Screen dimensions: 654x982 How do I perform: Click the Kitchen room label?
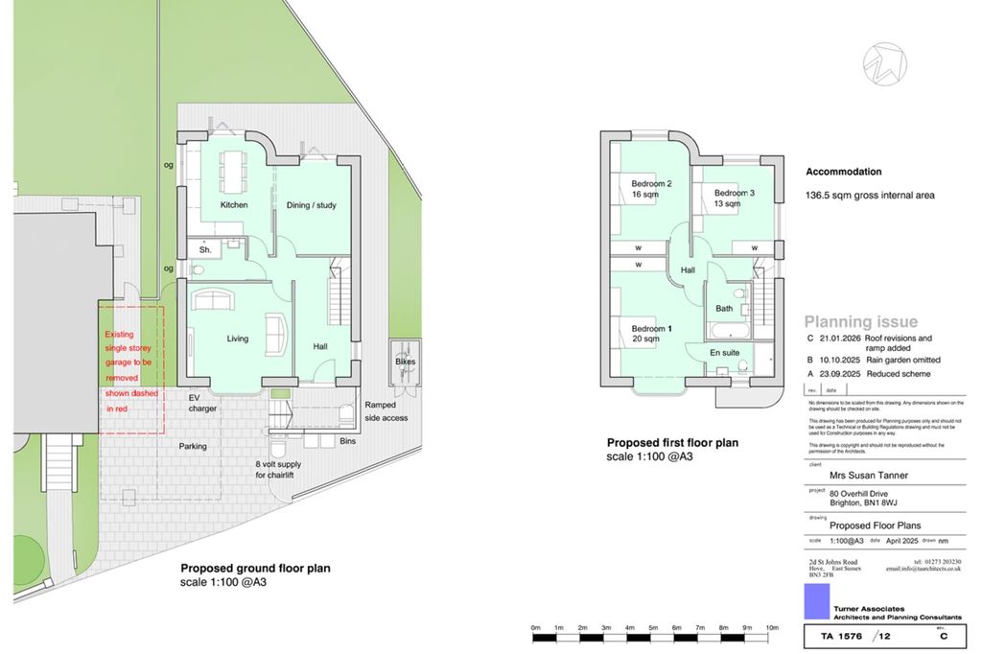(234, 205)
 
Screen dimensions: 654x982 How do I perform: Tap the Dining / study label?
(312, 205)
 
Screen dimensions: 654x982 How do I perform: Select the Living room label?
(237, 339)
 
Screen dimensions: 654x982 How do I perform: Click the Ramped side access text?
(386, 411)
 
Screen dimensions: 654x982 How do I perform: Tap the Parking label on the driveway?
(193, 446)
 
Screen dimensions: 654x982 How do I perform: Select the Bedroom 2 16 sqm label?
(651, 189)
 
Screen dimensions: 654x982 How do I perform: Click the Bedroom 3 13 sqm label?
(734, 198)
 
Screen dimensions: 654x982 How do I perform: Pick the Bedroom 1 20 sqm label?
(651, 334)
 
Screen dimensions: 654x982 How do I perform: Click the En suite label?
(724, 353)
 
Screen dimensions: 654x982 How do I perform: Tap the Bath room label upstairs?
(723, 309)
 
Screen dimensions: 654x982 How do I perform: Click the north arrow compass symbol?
(883, 64)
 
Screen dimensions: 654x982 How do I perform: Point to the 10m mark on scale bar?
(771, 627)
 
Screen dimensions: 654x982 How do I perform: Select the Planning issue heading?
(860, 322)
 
